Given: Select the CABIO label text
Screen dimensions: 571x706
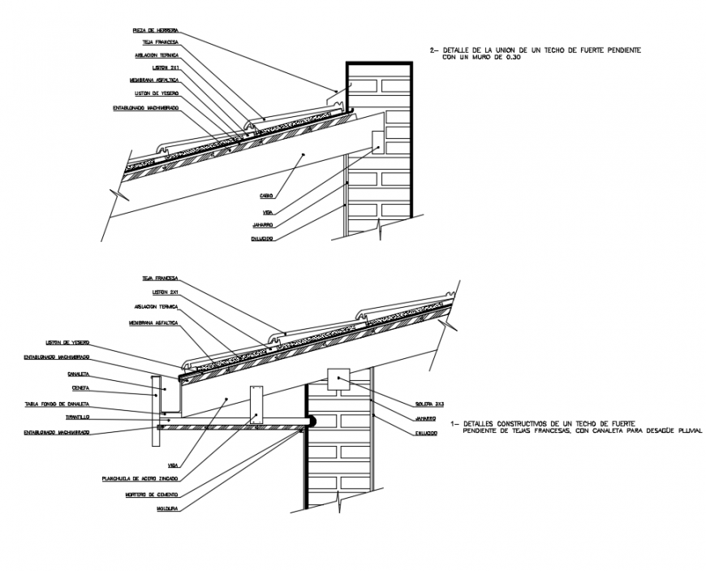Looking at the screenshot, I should tap(265, 196).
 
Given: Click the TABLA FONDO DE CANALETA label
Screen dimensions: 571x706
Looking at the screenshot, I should tap(56, 404).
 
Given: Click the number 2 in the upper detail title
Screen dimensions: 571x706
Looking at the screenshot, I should tap(433, 50).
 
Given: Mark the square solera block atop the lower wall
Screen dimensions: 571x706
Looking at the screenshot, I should tap(337, 379).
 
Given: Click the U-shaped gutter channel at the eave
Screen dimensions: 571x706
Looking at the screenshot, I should tap(169, 396).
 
